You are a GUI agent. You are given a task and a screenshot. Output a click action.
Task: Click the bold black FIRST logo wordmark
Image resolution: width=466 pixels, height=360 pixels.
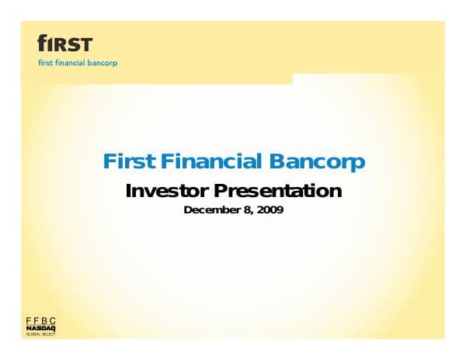(65, 43)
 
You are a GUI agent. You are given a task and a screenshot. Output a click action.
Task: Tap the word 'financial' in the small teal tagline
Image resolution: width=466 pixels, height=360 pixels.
(73, 63)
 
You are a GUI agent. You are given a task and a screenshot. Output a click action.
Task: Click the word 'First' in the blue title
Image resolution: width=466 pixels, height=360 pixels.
(130, 162)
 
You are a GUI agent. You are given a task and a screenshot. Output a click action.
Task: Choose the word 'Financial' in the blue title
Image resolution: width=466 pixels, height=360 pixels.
(212, 162)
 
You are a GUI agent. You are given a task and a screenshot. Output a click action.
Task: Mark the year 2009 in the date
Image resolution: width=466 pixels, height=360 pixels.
(270, 209)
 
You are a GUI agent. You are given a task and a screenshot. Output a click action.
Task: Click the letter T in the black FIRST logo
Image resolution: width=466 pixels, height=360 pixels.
(85, 43)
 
